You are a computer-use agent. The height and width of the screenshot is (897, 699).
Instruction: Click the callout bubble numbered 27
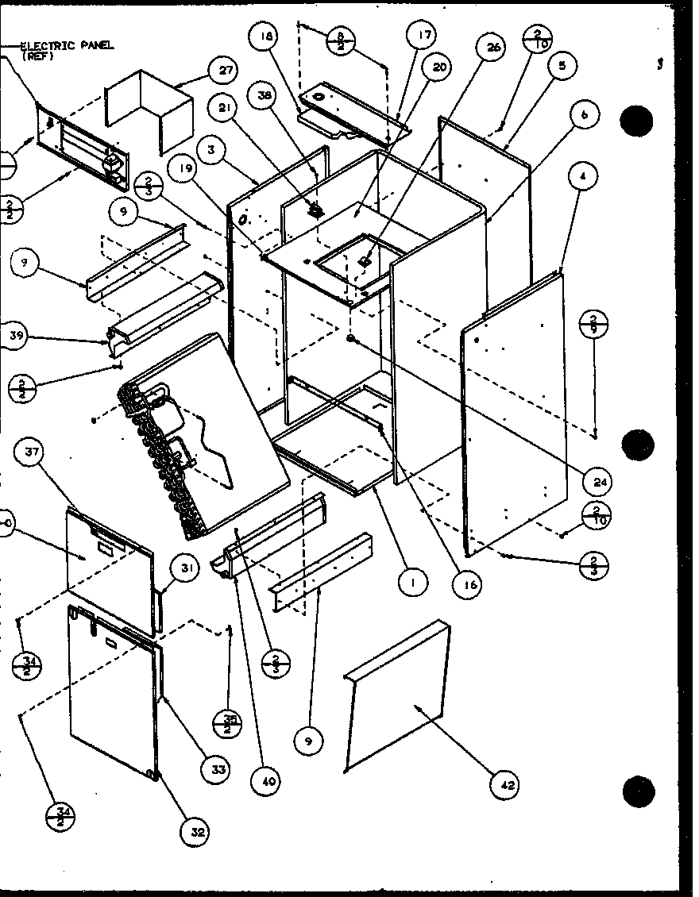pos(226,70)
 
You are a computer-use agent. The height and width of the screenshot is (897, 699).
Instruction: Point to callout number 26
pos(493,48)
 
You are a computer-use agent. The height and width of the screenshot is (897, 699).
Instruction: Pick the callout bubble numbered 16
pos(468,585)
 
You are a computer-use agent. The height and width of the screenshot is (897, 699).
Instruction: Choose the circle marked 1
pos(413,583)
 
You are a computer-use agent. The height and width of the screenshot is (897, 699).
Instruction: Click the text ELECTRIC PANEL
pos(67,46)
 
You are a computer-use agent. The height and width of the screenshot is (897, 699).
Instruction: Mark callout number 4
pos(584,177)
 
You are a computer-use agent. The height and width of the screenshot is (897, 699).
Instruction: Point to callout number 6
pos(584,115)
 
